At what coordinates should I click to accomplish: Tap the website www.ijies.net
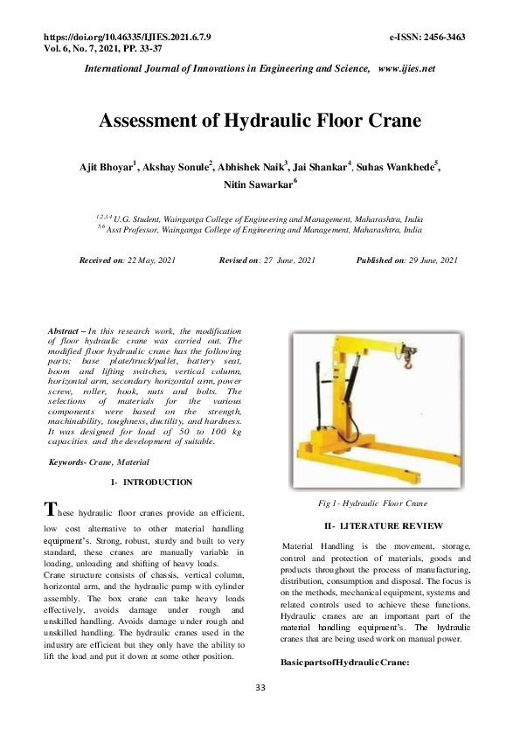pos(406,68)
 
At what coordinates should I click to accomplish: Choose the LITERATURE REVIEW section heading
pos(384,525)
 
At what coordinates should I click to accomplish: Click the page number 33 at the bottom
pos(260,689)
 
